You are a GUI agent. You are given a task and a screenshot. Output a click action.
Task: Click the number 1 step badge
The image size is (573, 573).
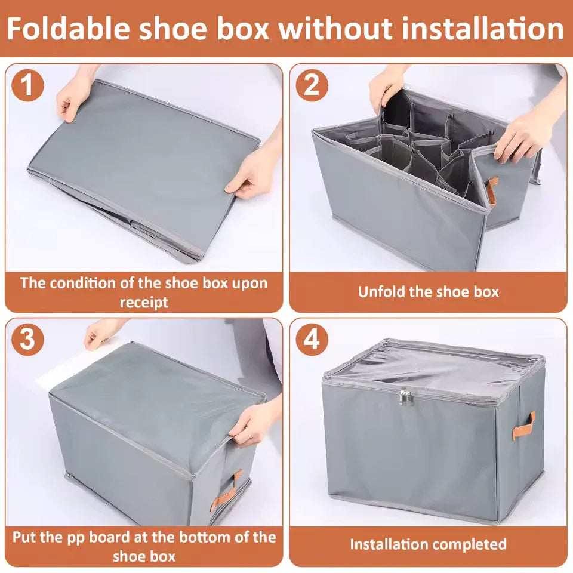27,85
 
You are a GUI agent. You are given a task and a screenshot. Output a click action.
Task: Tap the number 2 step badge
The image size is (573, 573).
312,85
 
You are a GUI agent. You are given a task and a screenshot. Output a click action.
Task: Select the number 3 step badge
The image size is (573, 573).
27,340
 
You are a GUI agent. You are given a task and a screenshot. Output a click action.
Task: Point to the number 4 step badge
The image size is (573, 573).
312,340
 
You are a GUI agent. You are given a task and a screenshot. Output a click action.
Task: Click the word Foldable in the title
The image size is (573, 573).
70,28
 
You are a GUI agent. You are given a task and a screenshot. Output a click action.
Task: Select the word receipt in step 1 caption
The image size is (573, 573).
144,302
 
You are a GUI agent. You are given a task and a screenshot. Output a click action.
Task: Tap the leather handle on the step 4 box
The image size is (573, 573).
523,426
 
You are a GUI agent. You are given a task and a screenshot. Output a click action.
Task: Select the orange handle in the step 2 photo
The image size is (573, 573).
491,190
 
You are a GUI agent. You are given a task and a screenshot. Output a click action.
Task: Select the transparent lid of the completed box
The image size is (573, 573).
433,365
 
